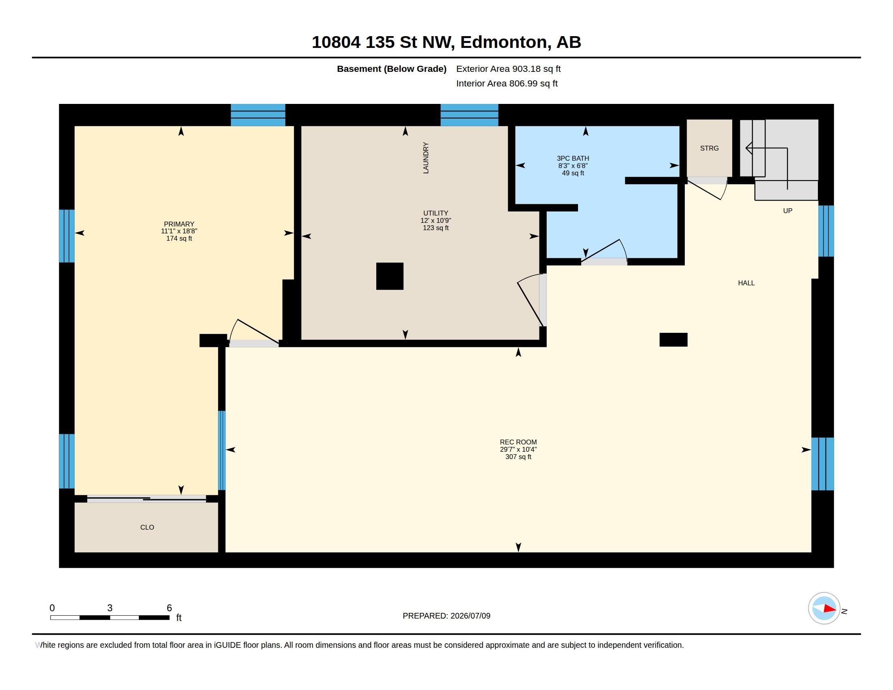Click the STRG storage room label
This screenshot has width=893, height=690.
(709, 148)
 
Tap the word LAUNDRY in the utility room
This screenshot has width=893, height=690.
(426, 158)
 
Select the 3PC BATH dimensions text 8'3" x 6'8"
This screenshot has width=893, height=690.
(573, 166)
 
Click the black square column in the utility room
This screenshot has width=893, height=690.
(390, 276)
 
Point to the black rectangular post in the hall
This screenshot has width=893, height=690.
(673, 340)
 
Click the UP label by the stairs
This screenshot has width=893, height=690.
(787, 211)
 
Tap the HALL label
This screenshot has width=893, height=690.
(746, 283)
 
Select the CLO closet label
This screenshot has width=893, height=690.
(147, 527)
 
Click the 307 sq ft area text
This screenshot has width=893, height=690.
(518, 457)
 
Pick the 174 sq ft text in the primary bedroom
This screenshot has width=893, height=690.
(179, 238)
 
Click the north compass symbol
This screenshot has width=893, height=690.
(824, 608)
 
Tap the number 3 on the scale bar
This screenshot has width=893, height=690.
(110, 608)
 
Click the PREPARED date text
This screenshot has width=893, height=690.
(446, 616)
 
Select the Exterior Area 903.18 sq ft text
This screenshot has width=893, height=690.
(508, 69)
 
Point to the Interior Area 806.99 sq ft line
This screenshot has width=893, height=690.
(507, 83)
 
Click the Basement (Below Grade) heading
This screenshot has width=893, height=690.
(391, 69)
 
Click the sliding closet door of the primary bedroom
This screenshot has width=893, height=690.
(147, 498)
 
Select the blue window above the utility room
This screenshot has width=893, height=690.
(469, 115)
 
